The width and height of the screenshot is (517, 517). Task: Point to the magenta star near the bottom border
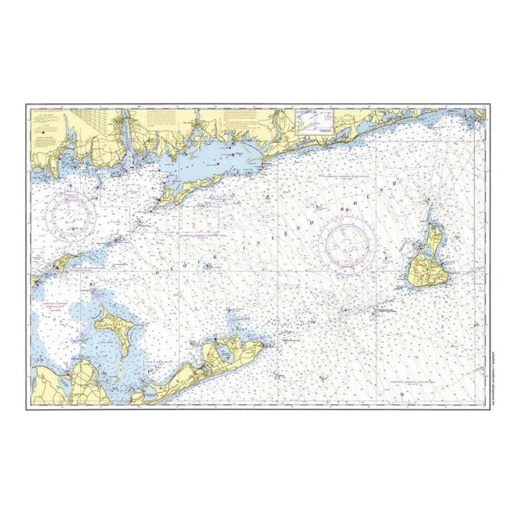click(406, 392)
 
